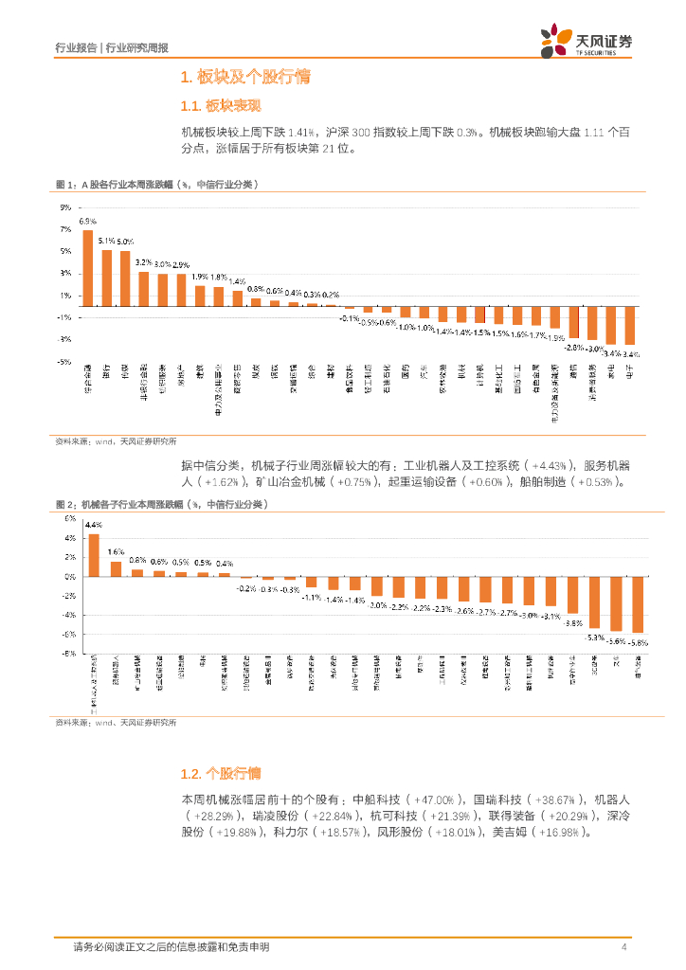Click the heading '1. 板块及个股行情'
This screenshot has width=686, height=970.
tap(245, 77)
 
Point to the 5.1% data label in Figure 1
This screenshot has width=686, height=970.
tap(106, 241)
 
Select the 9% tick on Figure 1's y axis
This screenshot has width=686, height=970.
tap(64, 207)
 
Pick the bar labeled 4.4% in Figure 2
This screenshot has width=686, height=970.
tap(94, 555)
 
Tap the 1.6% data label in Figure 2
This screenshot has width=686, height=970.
tap(116, 551)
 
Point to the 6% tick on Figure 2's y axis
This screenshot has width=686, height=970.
tap(69, 519)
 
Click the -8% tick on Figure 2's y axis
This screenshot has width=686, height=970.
tap(68, 654)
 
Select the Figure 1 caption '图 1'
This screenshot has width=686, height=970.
tap(65, 184)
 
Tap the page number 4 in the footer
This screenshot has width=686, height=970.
tap(623, 947)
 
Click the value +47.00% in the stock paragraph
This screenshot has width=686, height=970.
tap(438, 799)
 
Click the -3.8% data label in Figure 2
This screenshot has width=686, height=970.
tap(573, 622)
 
